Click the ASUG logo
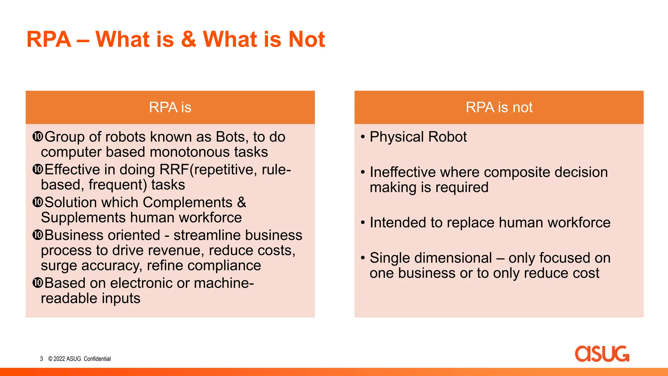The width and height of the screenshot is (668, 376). coord(602,354)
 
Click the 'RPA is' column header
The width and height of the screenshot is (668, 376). coord(170,107)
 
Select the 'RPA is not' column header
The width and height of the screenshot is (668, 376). coord(499,107)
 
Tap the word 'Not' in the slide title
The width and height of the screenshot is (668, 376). coord(307,39)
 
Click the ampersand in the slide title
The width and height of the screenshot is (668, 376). coord(189,39)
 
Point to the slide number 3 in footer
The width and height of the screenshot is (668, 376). coord(41,359)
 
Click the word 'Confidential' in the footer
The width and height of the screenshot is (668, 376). coord(97,359)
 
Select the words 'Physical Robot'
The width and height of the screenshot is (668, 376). coord(418,137)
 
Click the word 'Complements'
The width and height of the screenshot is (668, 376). coord(188,202)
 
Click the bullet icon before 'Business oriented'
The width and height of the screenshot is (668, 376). coord(38,235)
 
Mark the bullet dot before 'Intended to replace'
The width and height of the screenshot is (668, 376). coord(363,223)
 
